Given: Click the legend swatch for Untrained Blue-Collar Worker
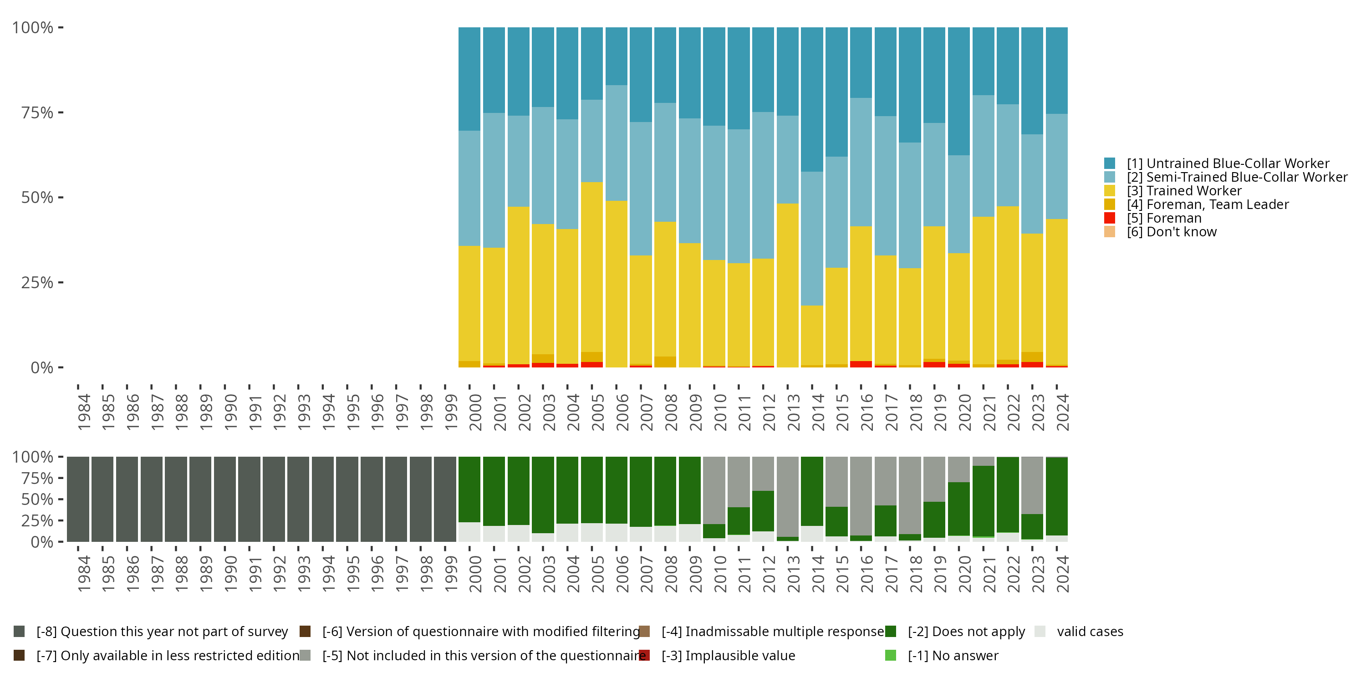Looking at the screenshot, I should (x=1109, y=163).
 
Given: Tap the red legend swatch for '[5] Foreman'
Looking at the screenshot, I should (x=1109, y=218).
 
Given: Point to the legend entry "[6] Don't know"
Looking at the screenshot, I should (x=1172, y=232).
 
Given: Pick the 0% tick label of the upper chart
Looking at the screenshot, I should (x=42, y=367).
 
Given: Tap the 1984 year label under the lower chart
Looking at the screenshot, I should (x=84, y=574).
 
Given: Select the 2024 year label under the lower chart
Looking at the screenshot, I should (x=1062, y=574).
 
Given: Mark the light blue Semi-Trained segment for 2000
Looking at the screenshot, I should (x=469, y=188).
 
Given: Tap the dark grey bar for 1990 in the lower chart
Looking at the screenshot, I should (x=225, y=499).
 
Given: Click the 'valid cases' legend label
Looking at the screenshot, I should (x=1090, y=632).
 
